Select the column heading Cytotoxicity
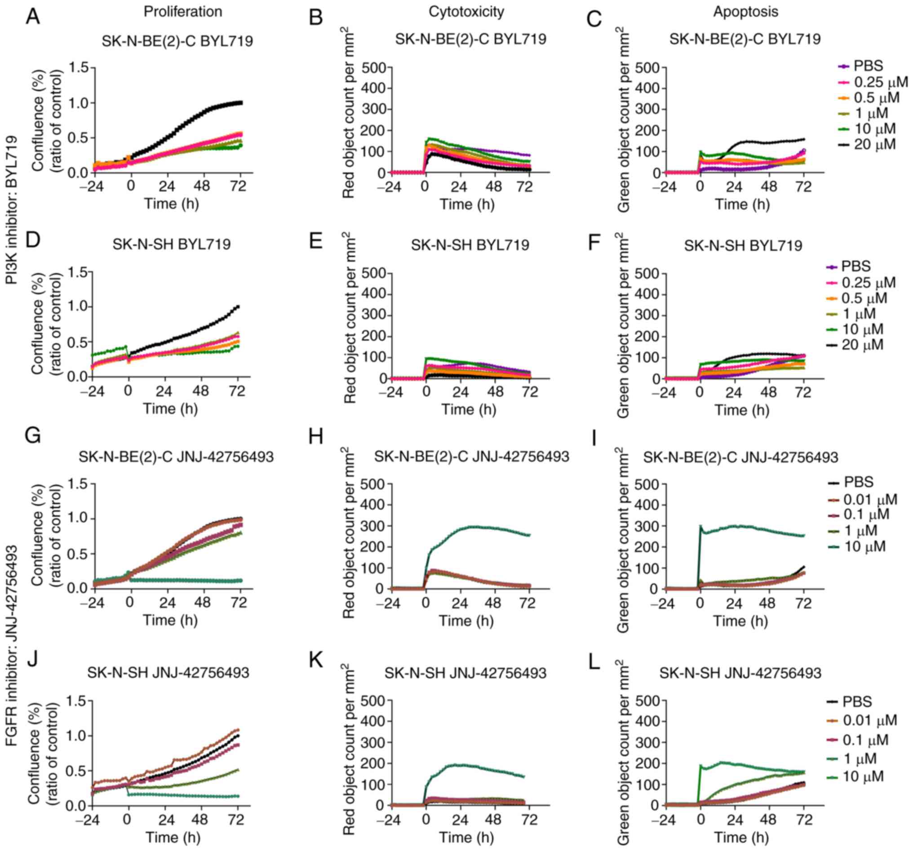pyautogui.click(x=466, y=12)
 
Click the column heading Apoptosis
pyautogui.click(x=745, y=12)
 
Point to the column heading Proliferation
pyautogui.click(x=183, y=12)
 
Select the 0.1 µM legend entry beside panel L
pyautogui.click(x=865, y=740)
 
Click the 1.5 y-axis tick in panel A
pyautogui.click(x=79, y=68)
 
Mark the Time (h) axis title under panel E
pyautogui.click(x=469, y=409)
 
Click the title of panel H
pyautogui.click(x=471, y=457)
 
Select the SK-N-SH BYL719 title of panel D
pyautogui.click(x=171, y=244)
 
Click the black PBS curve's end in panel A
pyautogui.click(x=241, y=102)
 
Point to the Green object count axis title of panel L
pyautogui.click(x=623, y=753)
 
